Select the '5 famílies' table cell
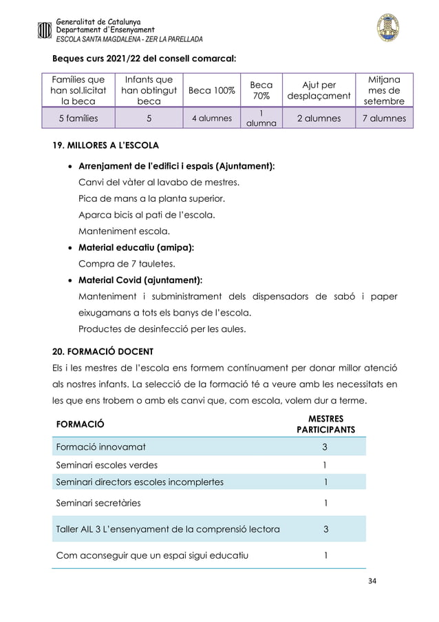[78, 118]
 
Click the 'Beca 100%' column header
[211, 91]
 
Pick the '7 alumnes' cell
[384, 118]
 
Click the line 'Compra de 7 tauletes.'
[125, 264]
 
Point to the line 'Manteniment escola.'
[122, 231]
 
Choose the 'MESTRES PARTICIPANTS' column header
[325, 424]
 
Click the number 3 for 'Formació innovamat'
[325, 446]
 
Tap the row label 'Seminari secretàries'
[98, 503]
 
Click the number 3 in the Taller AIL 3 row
[325, 529]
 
